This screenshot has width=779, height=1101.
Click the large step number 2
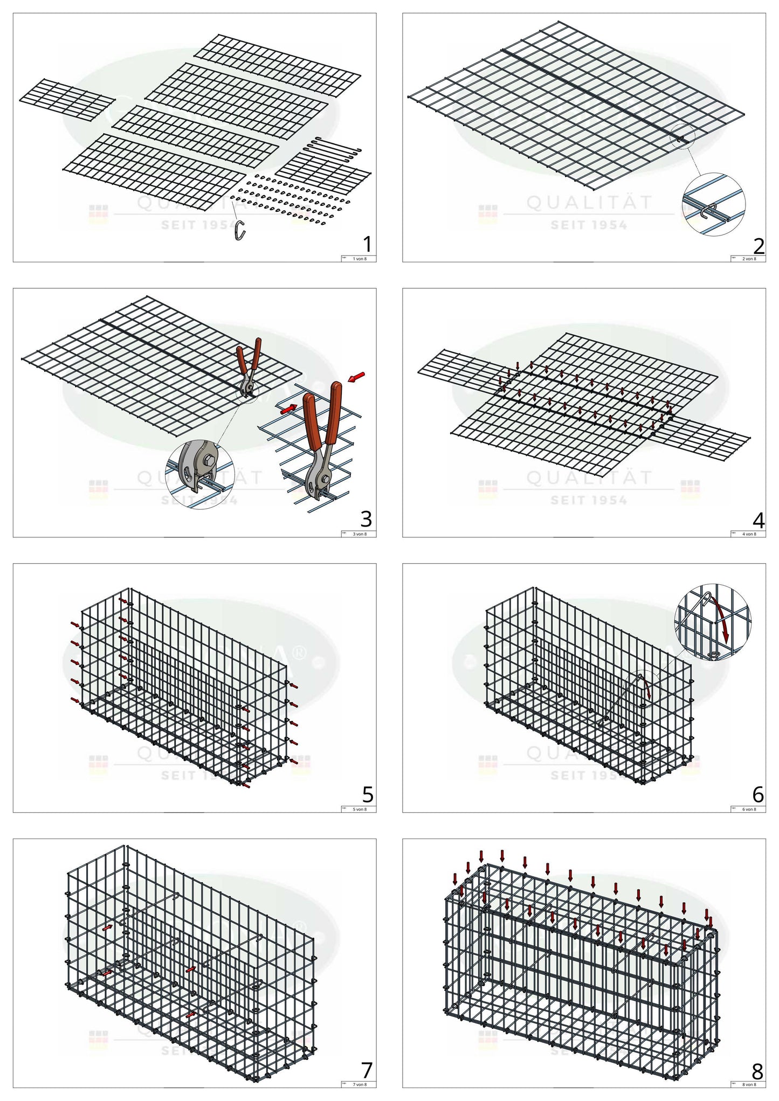[759, 246]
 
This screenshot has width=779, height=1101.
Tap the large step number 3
[366, 519]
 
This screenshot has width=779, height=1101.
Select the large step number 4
[758, 521]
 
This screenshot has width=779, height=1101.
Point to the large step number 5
[368, 794]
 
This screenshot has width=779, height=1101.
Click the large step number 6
[758, 794]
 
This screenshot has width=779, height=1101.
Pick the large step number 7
[367, 1070]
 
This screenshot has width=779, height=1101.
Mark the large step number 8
[757, 1071]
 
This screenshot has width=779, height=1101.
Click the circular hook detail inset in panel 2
[714, 204]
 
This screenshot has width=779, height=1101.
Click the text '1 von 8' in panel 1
[360, 259]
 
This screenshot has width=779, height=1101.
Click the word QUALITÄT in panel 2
[589, 203]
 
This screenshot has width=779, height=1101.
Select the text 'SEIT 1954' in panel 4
[589, 501]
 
